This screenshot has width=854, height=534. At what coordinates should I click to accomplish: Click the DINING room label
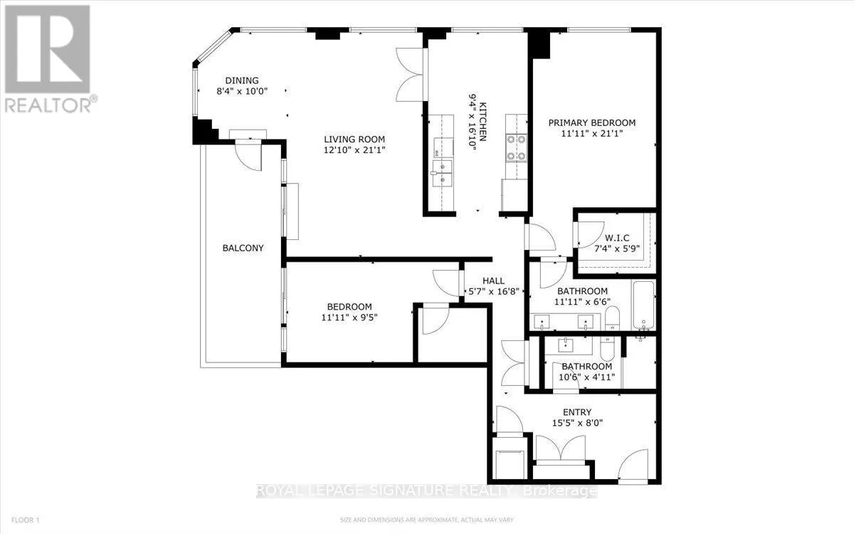[242, 80]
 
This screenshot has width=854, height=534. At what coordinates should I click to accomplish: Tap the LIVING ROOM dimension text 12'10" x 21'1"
[354, 150]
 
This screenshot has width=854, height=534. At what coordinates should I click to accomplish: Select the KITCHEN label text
[483, 122]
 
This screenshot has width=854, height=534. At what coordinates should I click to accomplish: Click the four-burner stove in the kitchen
[516, 147]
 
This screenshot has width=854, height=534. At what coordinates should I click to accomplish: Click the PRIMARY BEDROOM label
[591, 122]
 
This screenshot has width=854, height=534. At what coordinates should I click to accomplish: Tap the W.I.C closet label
[617, 238]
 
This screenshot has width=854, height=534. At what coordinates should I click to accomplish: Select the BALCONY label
[243, 248]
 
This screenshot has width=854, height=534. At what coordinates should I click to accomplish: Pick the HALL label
[493, 281]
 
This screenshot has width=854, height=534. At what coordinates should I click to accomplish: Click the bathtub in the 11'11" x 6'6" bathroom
[644, 305]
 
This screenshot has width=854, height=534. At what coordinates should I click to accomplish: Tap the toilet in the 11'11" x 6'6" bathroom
[612, 318]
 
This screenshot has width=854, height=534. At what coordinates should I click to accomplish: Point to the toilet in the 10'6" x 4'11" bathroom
[607, 349]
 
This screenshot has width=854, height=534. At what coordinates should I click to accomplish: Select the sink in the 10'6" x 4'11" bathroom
[566, 345]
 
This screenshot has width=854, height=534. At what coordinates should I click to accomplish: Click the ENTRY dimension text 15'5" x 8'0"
[577, 423]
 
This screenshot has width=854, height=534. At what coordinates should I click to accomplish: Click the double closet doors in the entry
[561, 449]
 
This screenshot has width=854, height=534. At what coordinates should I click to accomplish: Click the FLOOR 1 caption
[26, 520]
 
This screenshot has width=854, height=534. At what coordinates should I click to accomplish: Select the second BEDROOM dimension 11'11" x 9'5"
[349, 318]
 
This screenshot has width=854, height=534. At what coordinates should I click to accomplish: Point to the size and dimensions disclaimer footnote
[427, 520]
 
